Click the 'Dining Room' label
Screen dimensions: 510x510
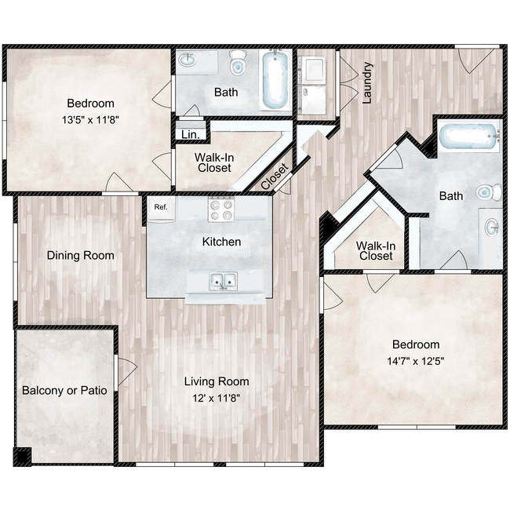(x=80, y=255)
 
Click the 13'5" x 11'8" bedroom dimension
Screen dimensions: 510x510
(x=90, y=120)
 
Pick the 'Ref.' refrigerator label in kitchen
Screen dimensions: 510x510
(x=161, y=207)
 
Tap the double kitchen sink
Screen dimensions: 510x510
(x=222, y=280)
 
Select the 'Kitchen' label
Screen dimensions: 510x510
(x=221, y=242)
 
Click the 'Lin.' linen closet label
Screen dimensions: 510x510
(x=190, y=135)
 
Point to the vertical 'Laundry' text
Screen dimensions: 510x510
(x=366, y=83)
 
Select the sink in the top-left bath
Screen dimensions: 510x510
(x=189, y=60)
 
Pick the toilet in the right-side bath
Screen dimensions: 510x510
(x=488, y=191)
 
